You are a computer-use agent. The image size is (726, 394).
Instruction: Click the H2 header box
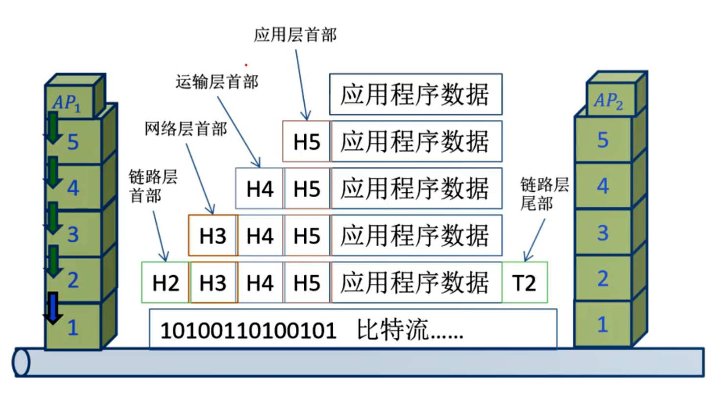(165, 283)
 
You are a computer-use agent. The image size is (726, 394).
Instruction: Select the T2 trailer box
(524, 283)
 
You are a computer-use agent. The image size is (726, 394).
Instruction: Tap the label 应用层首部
(295, 35)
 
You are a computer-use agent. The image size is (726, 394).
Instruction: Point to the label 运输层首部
(217, 82)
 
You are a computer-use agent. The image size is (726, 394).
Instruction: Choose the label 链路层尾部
(544, 194)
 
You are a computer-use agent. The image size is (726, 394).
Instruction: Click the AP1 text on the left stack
(68, 102)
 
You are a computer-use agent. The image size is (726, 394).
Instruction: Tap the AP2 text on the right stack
(609, 101)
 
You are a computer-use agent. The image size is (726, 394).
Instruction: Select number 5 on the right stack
(603, 141)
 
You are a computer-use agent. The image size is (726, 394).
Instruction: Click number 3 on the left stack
(73, 234)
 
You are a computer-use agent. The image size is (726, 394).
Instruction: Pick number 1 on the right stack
(603, 324)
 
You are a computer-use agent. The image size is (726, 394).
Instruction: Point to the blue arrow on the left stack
(52, 308)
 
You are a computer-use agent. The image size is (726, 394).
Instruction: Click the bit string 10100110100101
(249, 332)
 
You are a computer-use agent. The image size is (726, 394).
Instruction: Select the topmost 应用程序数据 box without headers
(415, 94)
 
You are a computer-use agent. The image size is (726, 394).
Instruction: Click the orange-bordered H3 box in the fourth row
(213, 236)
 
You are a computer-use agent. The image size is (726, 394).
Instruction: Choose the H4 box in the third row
(260, 189)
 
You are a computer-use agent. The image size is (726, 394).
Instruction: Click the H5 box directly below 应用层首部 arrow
(307, 142)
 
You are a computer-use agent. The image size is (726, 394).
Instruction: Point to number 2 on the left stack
(73, 280)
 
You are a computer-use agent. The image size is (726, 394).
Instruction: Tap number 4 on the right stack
(603, 186)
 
